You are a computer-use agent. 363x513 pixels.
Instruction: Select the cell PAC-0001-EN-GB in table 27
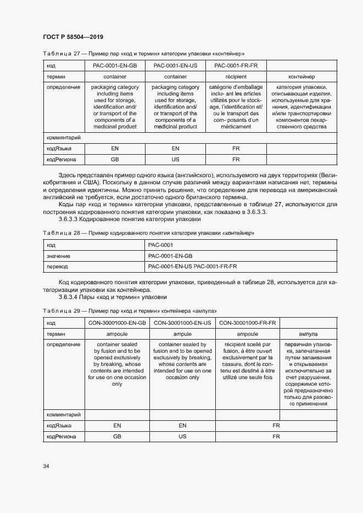[115, 66]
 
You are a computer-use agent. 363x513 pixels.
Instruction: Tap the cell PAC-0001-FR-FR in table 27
[236, 66]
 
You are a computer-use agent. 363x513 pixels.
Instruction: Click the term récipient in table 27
[236, 77]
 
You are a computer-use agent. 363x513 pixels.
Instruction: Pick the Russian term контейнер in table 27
[301, 77]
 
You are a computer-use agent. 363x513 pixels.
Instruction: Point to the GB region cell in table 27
[115, 160]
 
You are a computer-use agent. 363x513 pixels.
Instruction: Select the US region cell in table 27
[175, 160]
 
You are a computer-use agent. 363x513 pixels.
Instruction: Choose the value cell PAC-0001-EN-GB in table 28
[170, 256]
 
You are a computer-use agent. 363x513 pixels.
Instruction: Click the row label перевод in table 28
[57, 266]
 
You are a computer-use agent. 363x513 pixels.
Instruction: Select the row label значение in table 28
[59, 256]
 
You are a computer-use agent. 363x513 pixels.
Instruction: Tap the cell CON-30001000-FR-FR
[247, 323]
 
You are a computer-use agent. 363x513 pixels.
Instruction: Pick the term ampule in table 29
[183, 334]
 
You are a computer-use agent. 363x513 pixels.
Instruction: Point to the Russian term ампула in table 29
[308, 334]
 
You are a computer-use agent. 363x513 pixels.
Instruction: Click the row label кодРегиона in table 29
[62, 437]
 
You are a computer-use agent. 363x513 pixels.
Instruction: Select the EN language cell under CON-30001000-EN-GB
[117, 426]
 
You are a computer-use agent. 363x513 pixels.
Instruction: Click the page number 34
[46, 466]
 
